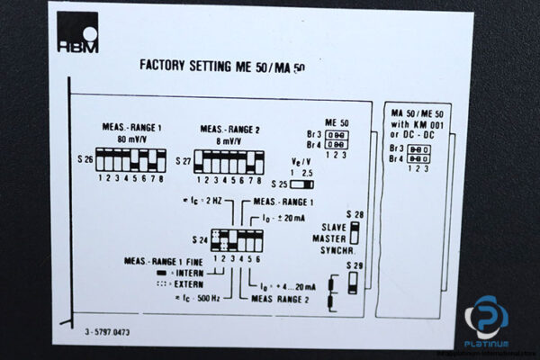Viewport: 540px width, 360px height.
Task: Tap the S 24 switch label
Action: tap(199, 240)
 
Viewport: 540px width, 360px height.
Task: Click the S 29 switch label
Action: tap(355, 265)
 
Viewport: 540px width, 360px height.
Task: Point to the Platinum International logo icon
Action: tap(486, 317)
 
